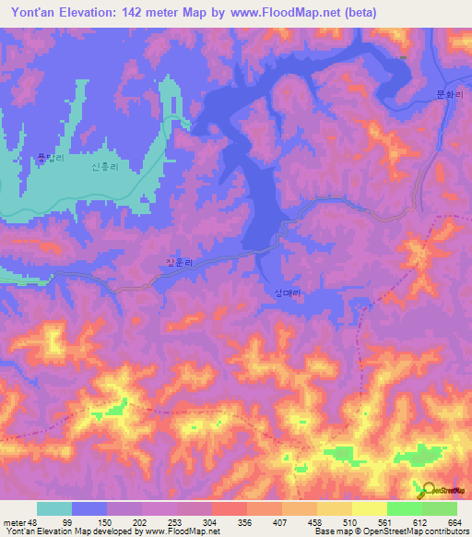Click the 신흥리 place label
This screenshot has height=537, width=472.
coord(106,168)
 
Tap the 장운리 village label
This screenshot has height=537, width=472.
coord(180,263)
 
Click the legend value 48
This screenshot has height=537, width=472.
coord(36,523)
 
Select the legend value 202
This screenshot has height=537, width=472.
coord(141,523)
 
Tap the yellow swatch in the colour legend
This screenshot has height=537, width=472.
coord(369,508)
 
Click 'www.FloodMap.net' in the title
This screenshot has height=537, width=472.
coord(277,12)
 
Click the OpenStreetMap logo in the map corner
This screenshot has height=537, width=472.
coord(443,489)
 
